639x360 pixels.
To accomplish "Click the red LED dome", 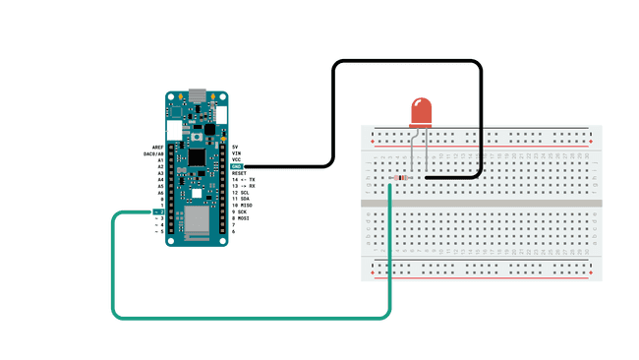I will click(x=421, y=111).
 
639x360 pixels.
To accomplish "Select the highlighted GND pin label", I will click(x=237, y=166).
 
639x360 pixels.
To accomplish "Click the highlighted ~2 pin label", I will click(x=157, y=211).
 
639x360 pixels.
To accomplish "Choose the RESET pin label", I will click(x=239, y=172).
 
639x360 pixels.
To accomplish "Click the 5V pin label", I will click(x=235, y=146).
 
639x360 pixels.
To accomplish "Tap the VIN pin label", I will click(x=236, y=152).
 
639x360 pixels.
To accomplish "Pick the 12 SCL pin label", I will click(x=240, y=192).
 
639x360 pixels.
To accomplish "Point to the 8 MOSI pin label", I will click(x=241, y=218).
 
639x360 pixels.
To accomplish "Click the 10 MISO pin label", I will click(x=242, y=205).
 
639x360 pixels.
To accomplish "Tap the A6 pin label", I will click(x=159, y=192).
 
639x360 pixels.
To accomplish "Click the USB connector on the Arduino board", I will click(x=198, y=95).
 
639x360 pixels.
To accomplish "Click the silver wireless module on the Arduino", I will click(x=196, y=221).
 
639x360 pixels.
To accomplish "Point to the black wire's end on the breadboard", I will click(x=425, y=177).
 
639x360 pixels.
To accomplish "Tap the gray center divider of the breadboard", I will click(x=481, y=203).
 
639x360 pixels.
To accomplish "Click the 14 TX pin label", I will click(x=243, y=179).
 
